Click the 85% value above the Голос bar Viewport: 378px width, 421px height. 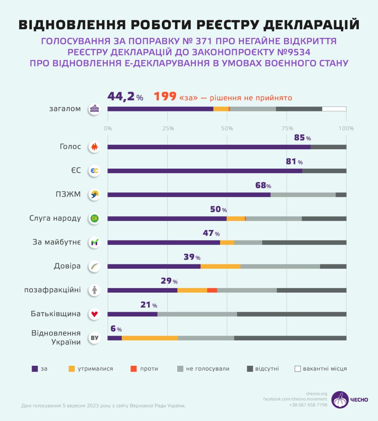[302, 138]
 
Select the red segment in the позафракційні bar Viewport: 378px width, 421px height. [212, 290]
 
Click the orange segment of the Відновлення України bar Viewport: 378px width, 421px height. [150, 338]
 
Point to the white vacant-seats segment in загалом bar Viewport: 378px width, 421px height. [334, 109]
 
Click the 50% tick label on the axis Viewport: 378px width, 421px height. [227, 128]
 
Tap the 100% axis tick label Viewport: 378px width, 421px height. [346, 128]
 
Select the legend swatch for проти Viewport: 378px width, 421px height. [134, 369]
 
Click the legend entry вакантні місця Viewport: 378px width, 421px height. [321, 369]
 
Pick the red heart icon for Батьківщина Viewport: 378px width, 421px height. [94, 314]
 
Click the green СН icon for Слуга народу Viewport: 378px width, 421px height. [94, 218]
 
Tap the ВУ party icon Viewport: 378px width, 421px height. [94, 338]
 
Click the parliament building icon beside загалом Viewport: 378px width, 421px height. [94, 109]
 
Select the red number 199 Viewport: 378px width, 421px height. [165, 97]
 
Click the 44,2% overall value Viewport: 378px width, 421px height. [125, 97]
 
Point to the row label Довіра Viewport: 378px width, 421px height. [67, 266]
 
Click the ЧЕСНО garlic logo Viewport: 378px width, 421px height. [340, 400]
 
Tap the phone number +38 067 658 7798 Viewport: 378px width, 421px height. [308, 405]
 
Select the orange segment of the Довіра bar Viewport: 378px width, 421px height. [220, 266]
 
